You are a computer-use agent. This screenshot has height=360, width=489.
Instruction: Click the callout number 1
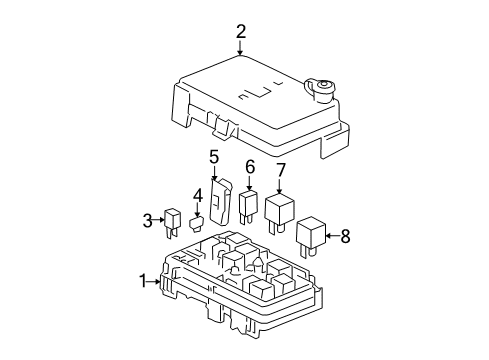click(x=142, y=281)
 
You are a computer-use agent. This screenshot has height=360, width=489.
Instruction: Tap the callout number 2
click(x=241, y=32)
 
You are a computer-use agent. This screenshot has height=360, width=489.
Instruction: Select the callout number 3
click(x=146, y=220)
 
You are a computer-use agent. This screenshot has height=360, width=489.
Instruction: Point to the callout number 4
click(x=197, y=196)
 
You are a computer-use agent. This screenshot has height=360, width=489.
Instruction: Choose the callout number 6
click(x=250, y=167)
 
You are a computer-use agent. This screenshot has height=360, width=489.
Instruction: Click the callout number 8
click(x=347, y=237)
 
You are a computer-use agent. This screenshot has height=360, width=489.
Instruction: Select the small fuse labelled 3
click(x=173, y=221)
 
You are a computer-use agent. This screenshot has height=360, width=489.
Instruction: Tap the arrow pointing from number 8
click(x=334, y=237)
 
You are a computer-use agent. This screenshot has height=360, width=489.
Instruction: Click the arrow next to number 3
click(x=159, y=220)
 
